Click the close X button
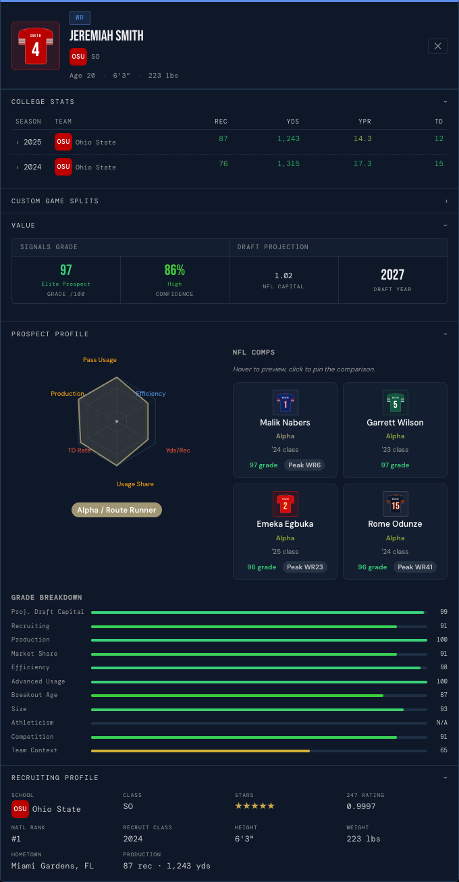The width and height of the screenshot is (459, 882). [437, 46]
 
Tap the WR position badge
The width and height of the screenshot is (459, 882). [80, 18]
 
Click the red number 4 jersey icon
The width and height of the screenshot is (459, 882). [36, 46]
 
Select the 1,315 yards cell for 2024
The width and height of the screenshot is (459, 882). [288, 163]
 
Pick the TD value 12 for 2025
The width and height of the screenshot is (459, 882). [439, 138]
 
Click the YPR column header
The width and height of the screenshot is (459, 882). [364, 122]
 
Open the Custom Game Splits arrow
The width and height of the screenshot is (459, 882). [446, 201]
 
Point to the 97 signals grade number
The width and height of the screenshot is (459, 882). [66, 270]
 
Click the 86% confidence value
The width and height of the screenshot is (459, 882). [174, 270]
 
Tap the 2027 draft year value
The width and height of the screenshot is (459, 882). [392, 274]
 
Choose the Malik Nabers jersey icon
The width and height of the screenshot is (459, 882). [286, 403]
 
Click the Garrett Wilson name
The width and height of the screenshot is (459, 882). [396, 423]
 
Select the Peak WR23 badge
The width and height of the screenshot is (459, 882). [305, 567]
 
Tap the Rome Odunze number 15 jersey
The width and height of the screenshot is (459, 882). [396, 504]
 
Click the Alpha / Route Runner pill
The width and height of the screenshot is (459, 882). [117, 510]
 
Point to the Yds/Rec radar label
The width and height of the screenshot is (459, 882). [178, 450]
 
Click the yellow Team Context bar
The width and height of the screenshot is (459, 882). [200, 751]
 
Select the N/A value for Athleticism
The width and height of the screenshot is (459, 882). [441, 723]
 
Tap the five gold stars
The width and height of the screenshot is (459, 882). [254, 806]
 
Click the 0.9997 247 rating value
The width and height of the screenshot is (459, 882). [361, 806]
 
